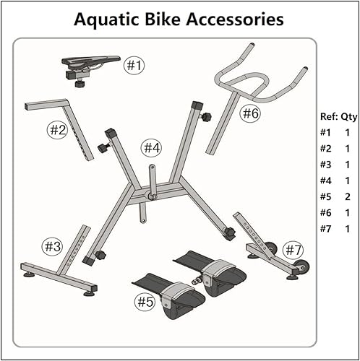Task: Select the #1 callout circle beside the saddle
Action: click(x=134, y=66)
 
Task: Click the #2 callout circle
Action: click(x=58, y=130)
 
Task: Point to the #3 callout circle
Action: click(x=52, y=246)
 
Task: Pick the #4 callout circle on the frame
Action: click(x=150, y=148)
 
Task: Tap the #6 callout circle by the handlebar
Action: click(x=250, y=113)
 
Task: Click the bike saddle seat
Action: click(x=87, y=62)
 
